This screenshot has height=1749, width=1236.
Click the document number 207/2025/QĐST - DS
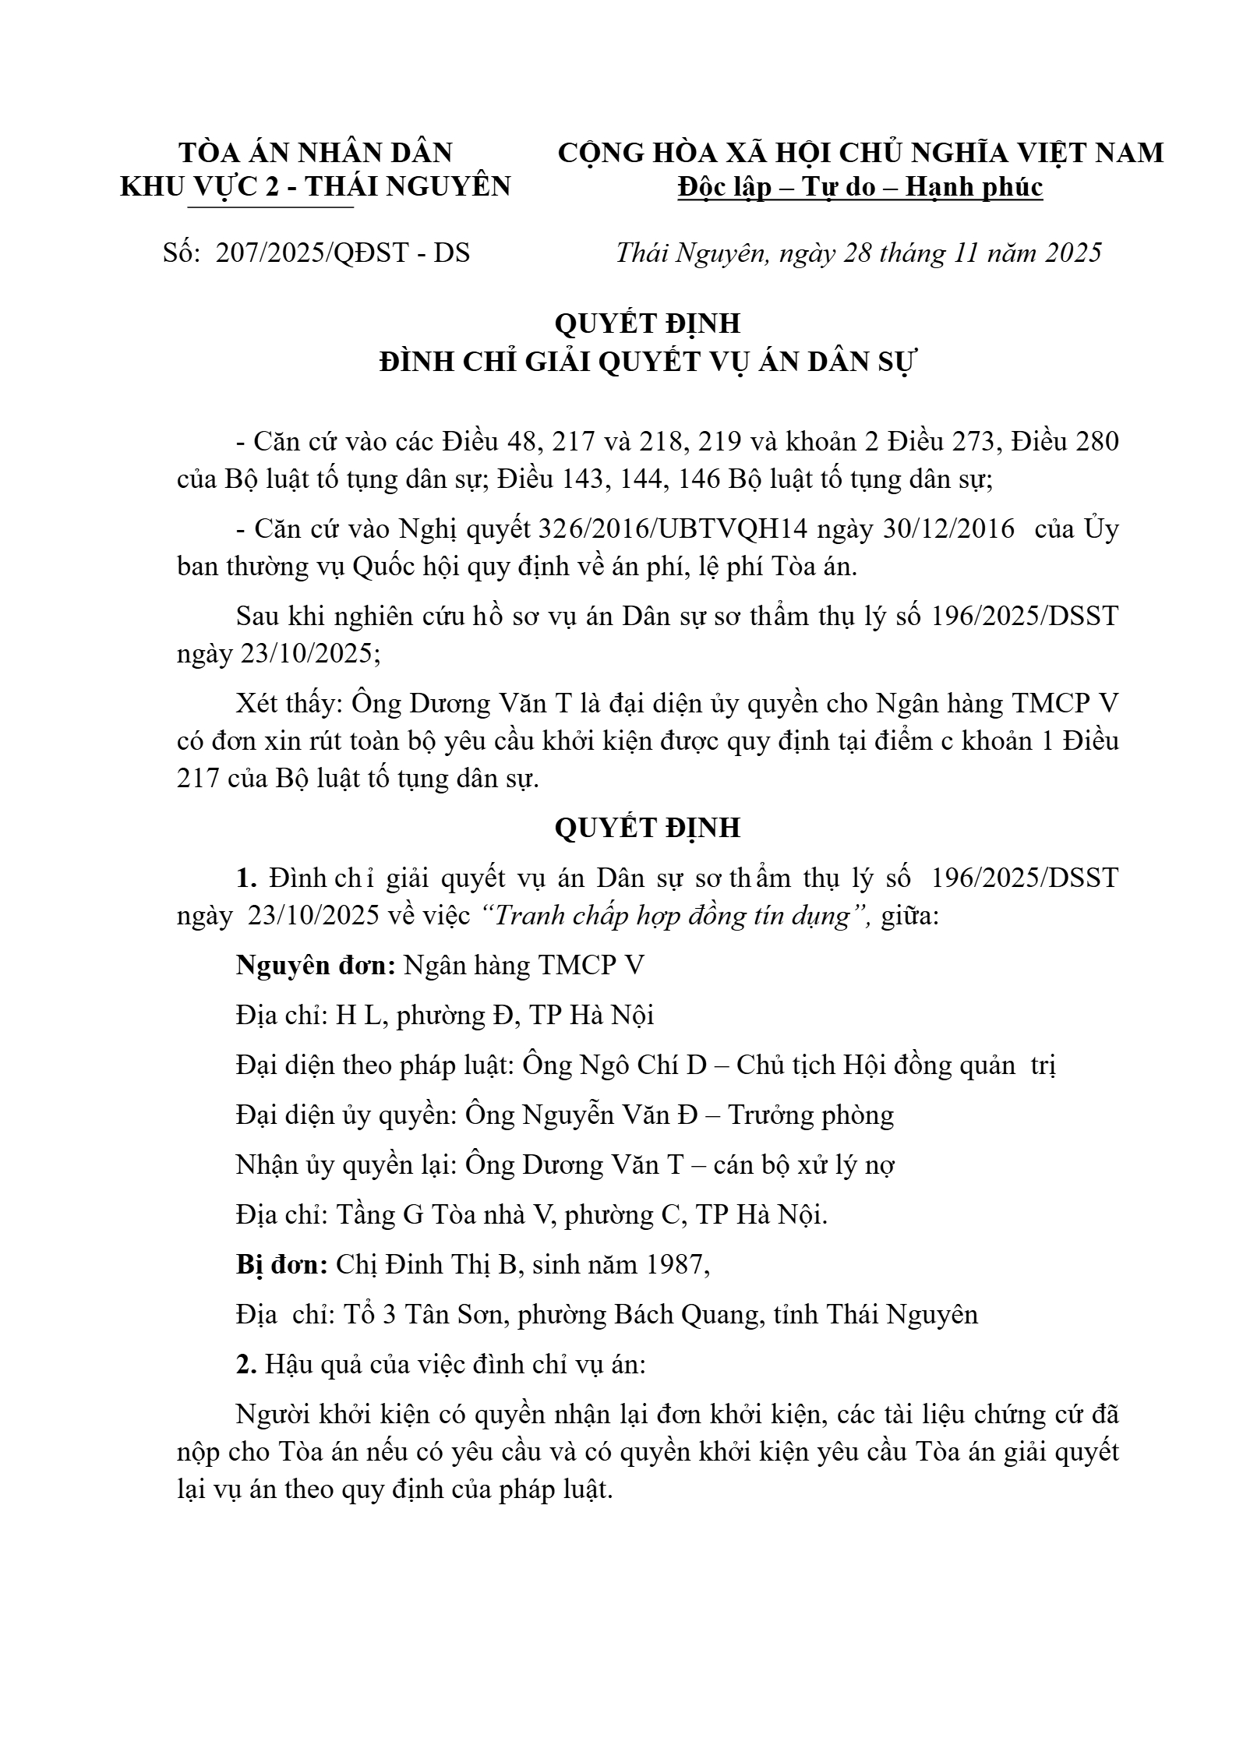(343, 253)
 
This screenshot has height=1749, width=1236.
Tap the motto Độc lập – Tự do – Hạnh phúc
(860, 187)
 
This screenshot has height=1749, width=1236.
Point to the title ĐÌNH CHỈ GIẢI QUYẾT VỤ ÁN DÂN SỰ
(646, 362)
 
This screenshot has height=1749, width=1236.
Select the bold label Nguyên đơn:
(315, 966)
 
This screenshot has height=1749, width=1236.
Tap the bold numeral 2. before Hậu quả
(246, 1364)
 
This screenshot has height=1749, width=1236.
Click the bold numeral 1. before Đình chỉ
(246, 878)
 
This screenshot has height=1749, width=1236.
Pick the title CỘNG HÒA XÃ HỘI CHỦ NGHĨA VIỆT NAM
(860, 152)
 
